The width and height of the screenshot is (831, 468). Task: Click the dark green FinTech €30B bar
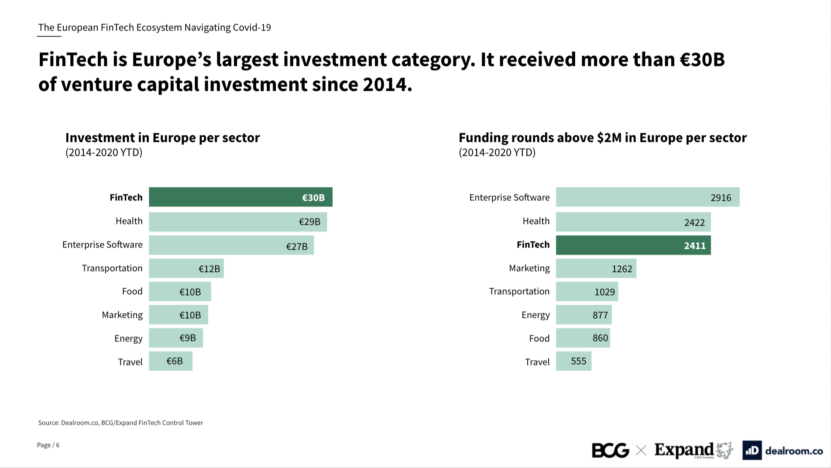[x=240, y=197]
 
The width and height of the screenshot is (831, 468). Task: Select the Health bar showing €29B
[x=238, y=222]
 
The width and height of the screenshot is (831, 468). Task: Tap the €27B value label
[x=297, y=247]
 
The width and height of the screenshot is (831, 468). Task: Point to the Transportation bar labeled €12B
[x=186, y=268]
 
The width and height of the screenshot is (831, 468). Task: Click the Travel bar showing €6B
[x=171, y=361]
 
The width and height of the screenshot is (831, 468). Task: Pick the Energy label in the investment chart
[x=128, y=338]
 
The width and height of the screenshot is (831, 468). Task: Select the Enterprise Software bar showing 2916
[x=648, y=197]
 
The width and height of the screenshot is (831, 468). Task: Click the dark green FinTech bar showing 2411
[x=633, y=245]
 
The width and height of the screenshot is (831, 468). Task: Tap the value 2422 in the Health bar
[x=694, y=223]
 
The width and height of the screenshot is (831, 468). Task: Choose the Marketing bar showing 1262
[x=596, y=268]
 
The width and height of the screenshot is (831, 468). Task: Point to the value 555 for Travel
[x=578, y=361]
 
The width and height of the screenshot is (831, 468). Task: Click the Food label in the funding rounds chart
[x=539, y=338]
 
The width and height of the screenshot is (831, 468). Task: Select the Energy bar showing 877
[x=584, y=315]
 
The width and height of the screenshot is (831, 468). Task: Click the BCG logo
[x=610, y=450]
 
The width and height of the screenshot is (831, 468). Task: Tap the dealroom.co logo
[x=783, y=451]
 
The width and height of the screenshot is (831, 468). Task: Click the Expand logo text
[x=684, y=449]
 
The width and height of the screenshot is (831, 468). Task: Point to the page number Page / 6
[x=48, y=445]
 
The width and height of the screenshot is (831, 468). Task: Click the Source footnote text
[x=120, y=423]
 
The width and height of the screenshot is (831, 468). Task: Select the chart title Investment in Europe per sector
[x=162, y=138]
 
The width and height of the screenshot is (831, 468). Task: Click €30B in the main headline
[x=702, y=59]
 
